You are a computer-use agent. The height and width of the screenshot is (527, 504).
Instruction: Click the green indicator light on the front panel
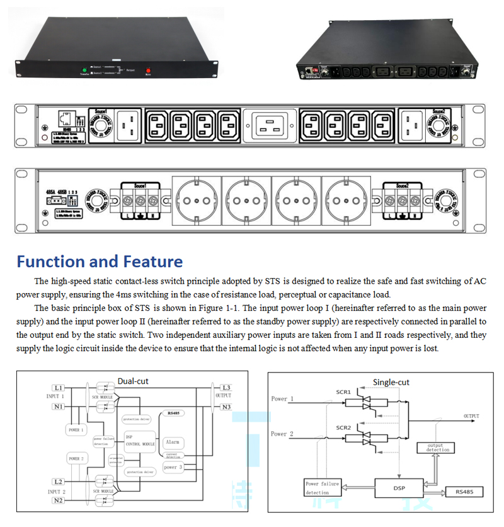click(x=84, y=69)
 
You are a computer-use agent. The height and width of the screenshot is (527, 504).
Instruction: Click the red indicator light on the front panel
click(x=149, y=71)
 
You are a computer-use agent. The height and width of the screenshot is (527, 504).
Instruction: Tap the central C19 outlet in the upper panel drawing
click(x=274, y=126)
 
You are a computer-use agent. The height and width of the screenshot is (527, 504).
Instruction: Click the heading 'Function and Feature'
click(x=100, y=262)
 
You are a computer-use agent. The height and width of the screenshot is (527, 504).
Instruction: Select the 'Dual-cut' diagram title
click(x=133, y=381)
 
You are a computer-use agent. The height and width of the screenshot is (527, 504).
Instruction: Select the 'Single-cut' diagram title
click(x=391, y=382)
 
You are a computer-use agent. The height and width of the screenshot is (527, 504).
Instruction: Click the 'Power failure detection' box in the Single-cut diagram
click(x=322, y=487)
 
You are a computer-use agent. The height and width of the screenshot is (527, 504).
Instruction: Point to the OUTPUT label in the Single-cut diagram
click(x=471, y=416)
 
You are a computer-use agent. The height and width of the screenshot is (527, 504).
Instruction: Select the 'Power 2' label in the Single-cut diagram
click(x=282, y=434)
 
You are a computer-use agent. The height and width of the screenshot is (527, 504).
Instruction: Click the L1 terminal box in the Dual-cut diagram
click(x=59, y=387)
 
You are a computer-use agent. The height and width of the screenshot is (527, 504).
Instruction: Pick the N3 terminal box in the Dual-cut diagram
click(x=226, y=407)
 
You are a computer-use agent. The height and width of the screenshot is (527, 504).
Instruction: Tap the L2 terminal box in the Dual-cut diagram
click(x=59, y=482)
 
